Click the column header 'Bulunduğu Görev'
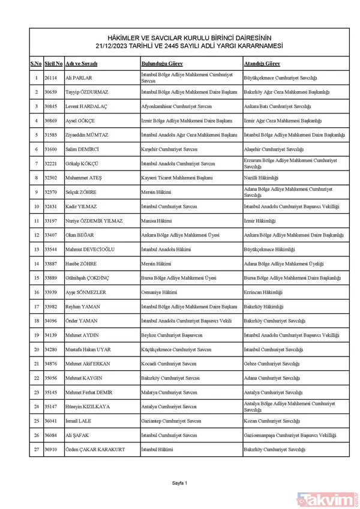pos(162,64)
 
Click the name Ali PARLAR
pos(80,78)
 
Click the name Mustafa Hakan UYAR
pos(94,349)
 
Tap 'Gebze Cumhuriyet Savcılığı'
pos(272,364)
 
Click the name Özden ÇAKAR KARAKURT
pos(101,449)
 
